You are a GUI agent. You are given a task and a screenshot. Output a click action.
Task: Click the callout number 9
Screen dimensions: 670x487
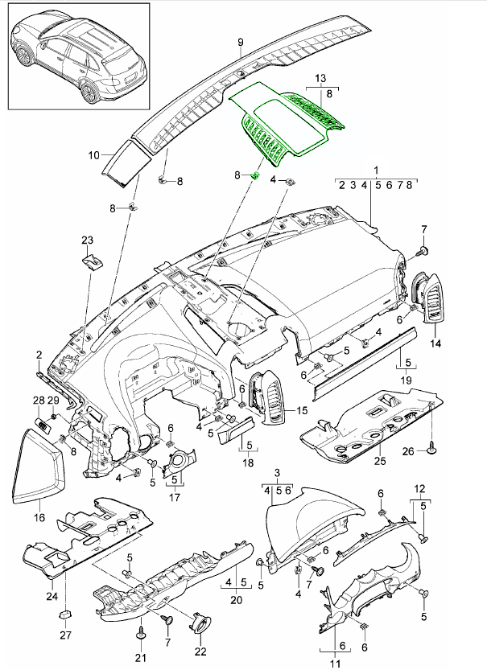(240, 41)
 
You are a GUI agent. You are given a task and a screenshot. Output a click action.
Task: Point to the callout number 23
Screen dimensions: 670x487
(87, 240)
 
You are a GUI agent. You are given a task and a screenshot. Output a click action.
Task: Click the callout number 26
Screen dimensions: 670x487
(408, 451)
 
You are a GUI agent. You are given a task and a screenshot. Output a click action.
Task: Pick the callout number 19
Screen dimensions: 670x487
(407, 379)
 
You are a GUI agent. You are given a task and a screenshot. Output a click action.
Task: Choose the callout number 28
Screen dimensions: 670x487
(38, 401)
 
